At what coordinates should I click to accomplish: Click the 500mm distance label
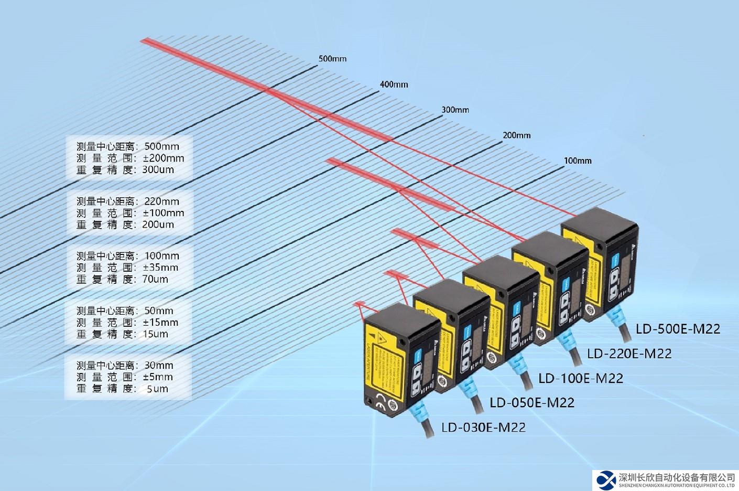(332, 59)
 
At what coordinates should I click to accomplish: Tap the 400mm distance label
(394, 84)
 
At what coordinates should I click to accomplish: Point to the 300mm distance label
(455, 110)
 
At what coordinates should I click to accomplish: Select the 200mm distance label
(516, 135)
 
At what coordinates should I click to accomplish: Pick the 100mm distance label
(578, 161)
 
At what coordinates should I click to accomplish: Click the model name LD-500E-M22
(678, 329)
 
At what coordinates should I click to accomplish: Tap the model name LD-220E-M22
(629, 354)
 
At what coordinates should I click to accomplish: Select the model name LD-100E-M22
(581, 378)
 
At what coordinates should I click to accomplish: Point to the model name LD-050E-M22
(532, 403)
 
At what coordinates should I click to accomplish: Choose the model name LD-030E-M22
(483, 428)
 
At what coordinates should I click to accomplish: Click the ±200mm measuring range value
(164, 158)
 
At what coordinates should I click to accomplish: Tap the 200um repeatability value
(158, 225)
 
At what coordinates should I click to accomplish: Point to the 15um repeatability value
(155, 334)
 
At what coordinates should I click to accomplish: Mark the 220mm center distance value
(161, 201)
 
